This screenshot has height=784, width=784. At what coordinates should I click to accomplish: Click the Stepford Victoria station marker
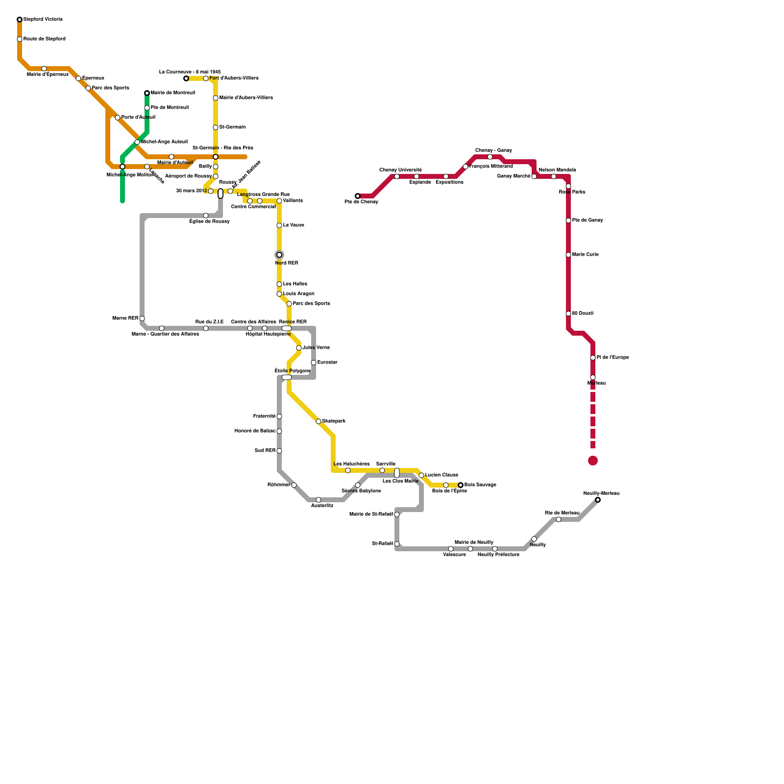[20, 20]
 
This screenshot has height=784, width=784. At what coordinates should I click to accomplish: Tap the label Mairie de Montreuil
[172, 93]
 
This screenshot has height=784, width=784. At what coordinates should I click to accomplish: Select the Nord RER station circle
[279, 255]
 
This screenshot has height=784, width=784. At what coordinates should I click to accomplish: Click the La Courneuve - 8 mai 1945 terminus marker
[186, 78]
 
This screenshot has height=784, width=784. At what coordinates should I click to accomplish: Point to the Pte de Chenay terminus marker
[358, 196]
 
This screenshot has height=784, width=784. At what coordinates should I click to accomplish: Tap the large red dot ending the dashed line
[593, 461]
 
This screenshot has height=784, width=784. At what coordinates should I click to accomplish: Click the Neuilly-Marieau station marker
[598, 500]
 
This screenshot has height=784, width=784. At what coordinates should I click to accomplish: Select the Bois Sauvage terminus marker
[461, 485]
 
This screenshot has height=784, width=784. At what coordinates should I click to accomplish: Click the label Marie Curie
[585, 255]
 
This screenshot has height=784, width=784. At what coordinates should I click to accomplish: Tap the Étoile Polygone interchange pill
[287, 377]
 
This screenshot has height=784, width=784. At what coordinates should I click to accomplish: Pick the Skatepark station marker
[318, 421]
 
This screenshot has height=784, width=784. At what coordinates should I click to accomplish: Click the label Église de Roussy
[210, 221]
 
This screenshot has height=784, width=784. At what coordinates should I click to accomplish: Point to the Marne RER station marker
[142, 318]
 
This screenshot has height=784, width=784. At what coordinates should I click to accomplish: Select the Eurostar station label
[327, 363]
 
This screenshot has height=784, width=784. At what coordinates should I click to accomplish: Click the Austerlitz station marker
[318, 500]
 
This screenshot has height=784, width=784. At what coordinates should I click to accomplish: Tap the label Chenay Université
[400, 170]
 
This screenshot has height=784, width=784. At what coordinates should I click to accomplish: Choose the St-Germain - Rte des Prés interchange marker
[216, 157]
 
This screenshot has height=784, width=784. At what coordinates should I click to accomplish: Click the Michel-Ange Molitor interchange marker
[122, 167]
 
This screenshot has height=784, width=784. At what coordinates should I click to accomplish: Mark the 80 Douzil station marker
[568, 314]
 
